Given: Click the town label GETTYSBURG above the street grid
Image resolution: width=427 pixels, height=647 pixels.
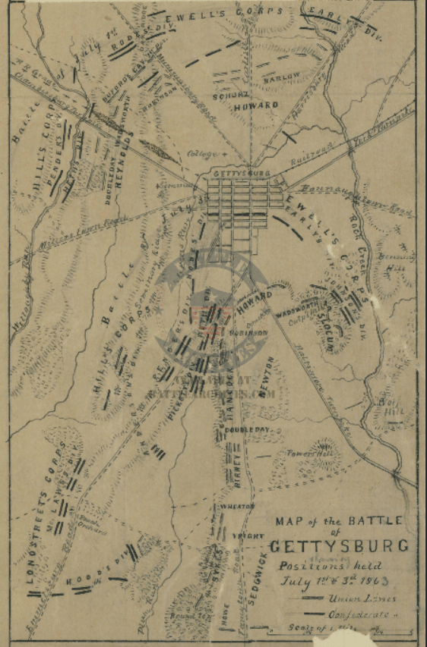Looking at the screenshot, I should (242, 174).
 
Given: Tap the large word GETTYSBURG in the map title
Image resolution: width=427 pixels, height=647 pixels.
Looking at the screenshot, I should (339, 545).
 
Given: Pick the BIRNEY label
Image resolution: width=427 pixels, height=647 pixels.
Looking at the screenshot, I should (237, 468).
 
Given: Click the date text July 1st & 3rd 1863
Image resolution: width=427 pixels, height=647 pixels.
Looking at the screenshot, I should (337, 582).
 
